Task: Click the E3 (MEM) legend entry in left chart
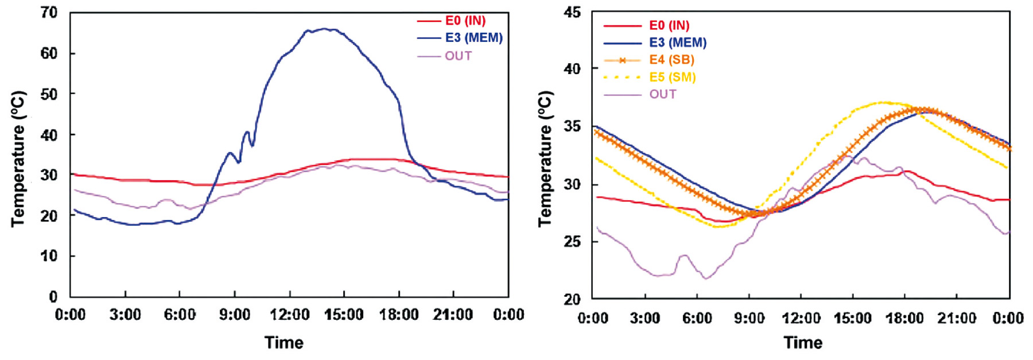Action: pos(473,38)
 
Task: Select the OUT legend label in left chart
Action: pos(458,56)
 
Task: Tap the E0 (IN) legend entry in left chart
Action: pos(465,21)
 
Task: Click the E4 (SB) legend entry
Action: pos(671,60)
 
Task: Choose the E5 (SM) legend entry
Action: pos(672,77)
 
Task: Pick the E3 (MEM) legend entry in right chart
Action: pos(677,42)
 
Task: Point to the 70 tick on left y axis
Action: pos(49,13)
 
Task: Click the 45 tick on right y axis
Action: pos(572,13)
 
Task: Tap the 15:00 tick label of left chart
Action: pos(344,315)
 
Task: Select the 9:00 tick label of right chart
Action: pos(749,318)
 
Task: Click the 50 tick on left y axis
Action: pos(49,94)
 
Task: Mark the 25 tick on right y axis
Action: pos(572,242)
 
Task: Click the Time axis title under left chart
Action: pos(284,343)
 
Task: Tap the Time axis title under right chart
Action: pos(803,343)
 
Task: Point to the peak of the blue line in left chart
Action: pos(325,29)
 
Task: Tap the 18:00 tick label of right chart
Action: pos(904,318)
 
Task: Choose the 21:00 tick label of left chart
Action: pos(453,315)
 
